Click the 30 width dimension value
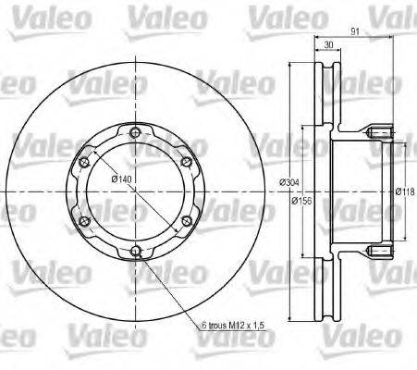coord(328,43)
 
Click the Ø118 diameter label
coord(404,192)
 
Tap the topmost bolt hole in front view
coord(136,130)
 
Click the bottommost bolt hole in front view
coord(136,250)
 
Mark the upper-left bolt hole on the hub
coord(84,161)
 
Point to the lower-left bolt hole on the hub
coord(84,220)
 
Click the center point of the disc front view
coord(136,191)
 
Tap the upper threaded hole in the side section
coord(380,135)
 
